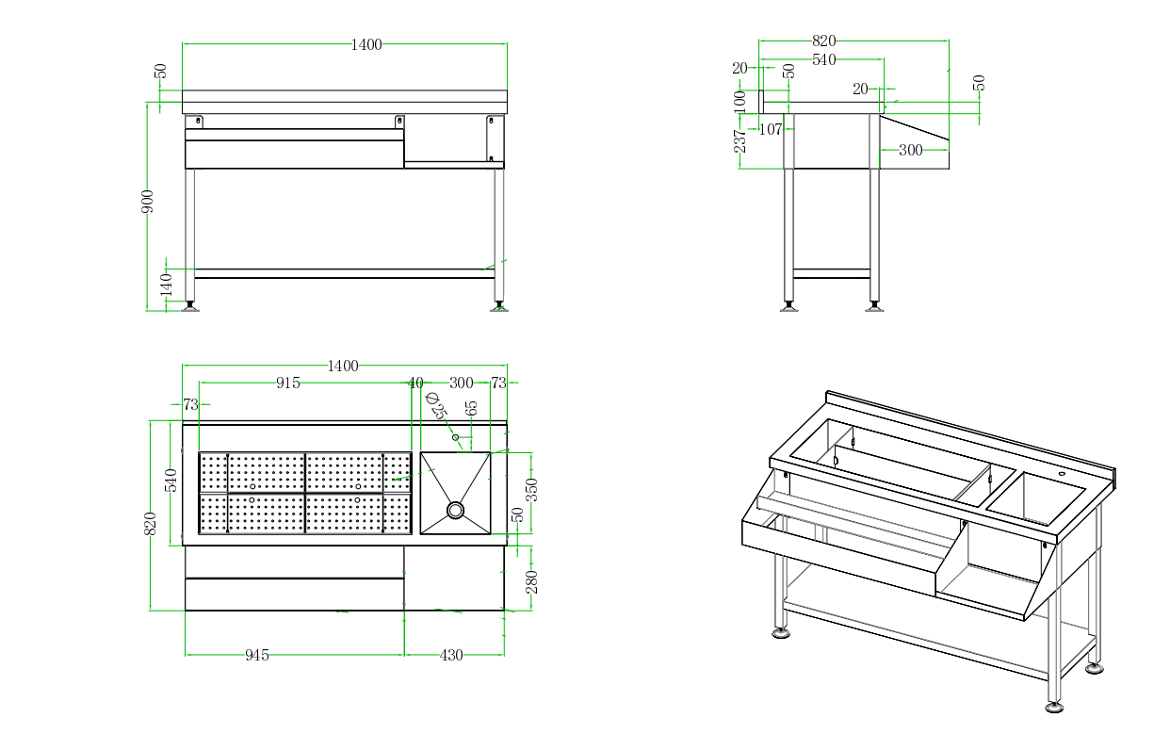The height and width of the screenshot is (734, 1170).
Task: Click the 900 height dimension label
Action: tap(148, 201)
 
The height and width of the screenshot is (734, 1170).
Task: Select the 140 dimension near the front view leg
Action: tap(167, 283)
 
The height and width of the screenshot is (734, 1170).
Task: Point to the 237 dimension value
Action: tap(740, 140)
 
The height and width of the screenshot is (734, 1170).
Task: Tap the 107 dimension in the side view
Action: tap(771, 130)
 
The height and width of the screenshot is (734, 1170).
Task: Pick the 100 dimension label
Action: tap(740, 101)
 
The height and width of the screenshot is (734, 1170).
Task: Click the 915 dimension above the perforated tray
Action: tap(288, 383)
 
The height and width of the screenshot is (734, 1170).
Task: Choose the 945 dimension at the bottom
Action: tap(257, 655)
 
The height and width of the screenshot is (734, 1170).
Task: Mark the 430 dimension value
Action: tap(451, 655)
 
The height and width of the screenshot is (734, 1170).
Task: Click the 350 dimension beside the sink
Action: tap(531, 490)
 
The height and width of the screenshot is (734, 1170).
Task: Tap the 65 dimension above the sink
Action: tap(472, 408)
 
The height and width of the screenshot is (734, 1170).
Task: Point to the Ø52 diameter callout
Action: tap(434, 406)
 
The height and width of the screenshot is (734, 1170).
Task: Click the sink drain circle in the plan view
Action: tap(456, 510)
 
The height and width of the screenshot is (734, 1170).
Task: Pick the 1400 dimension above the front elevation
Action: tap(366, 44)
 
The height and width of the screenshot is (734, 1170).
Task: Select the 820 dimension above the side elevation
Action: tap(823, 41)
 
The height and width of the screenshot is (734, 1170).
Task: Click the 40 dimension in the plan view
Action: tap(415, 383)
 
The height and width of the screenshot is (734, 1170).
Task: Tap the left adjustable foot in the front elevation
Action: tap(190, 306)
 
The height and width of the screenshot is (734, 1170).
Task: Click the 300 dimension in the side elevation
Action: tap(911, 150)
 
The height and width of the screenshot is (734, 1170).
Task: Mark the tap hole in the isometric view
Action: tap(1062, 474)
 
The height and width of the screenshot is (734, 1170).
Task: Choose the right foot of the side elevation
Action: tap(874, 306)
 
